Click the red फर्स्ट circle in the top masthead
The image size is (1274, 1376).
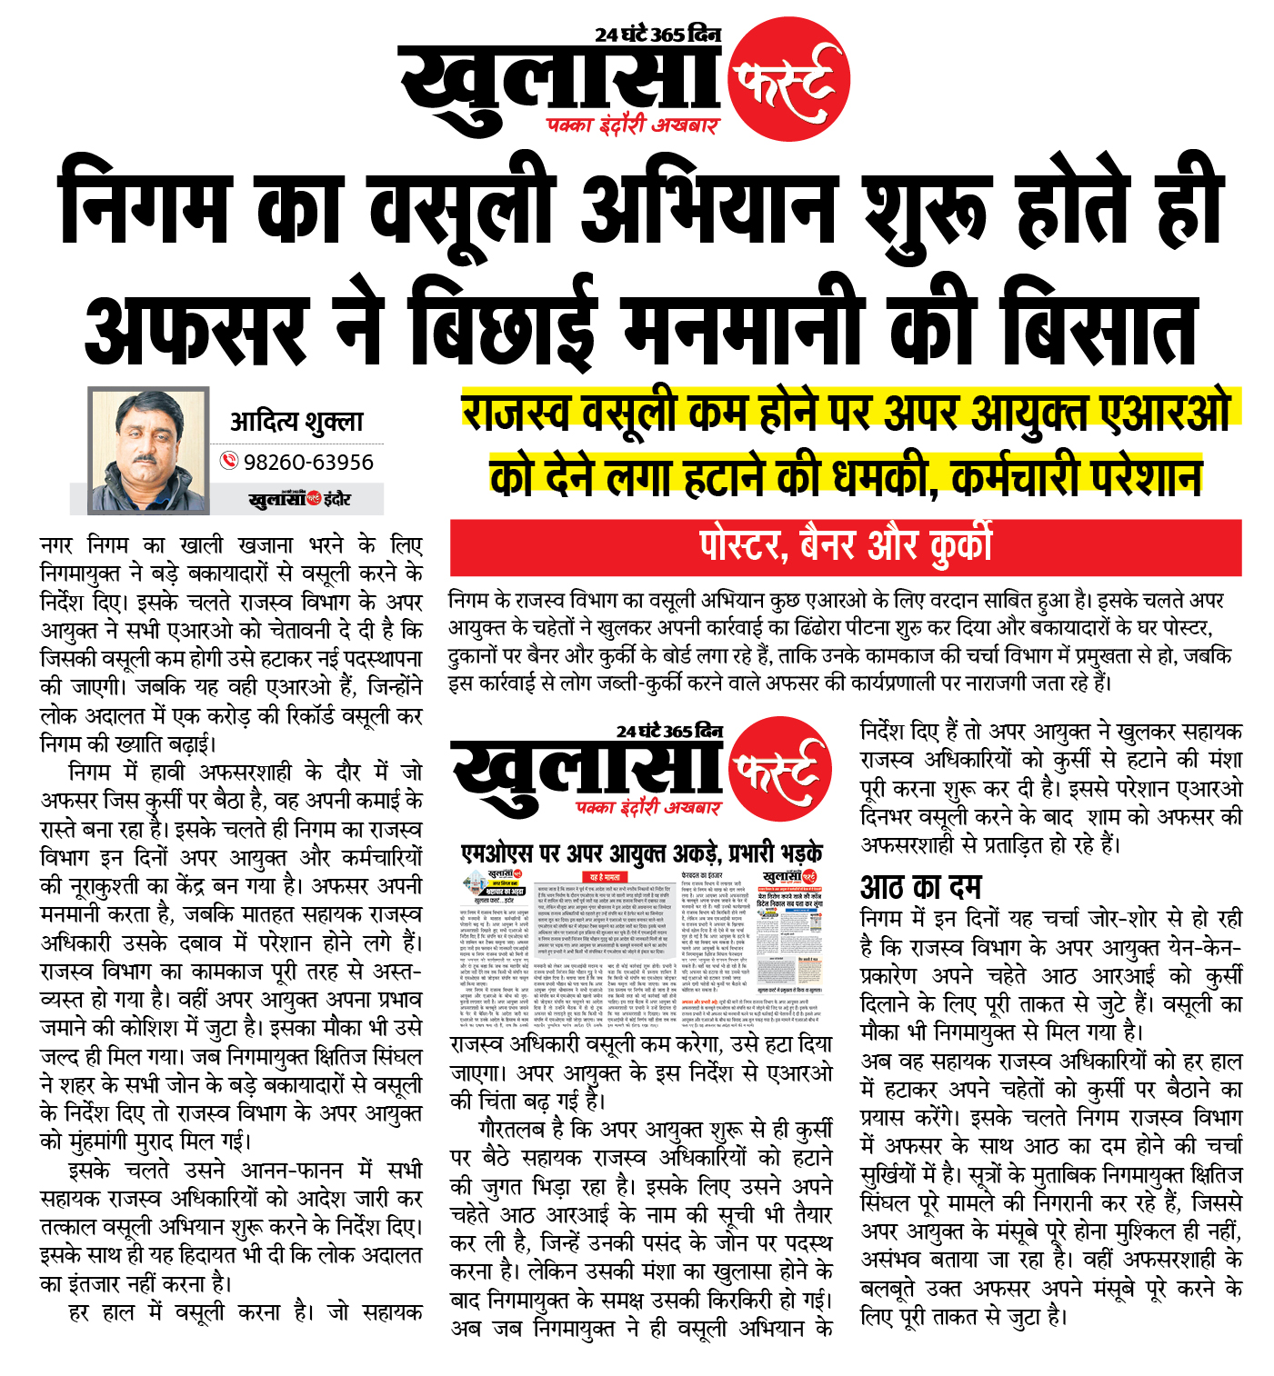tap(788, 80)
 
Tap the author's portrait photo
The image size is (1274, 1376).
tap(148, 451)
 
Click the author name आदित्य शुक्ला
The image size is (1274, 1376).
tap(296, 421)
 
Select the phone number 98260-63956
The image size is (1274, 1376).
tap(308, 462)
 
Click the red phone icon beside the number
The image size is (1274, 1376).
tap(229, 462)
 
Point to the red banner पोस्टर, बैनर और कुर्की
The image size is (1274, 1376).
tap(845, 547)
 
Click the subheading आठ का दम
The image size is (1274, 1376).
tap(920, 886)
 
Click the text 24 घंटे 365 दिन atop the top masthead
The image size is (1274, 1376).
tap(657, 35)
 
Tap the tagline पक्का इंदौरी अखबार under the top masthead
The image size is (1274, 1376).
tap(632, 125)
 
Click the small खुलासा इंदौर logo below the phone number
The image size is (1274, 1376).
tap(299, 499)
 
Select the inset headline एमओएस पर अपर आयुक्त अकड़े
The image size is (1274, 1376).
tap(642, 853)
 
